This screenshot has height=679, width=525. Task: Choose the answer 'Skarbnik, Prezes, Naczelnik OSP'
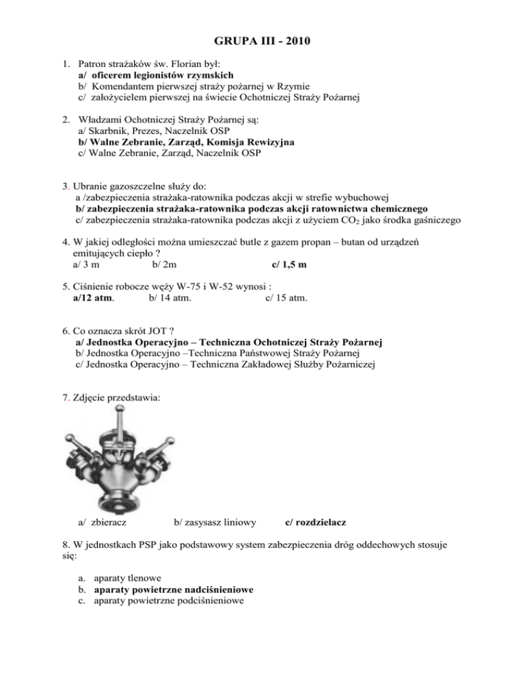coord(144,129)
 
